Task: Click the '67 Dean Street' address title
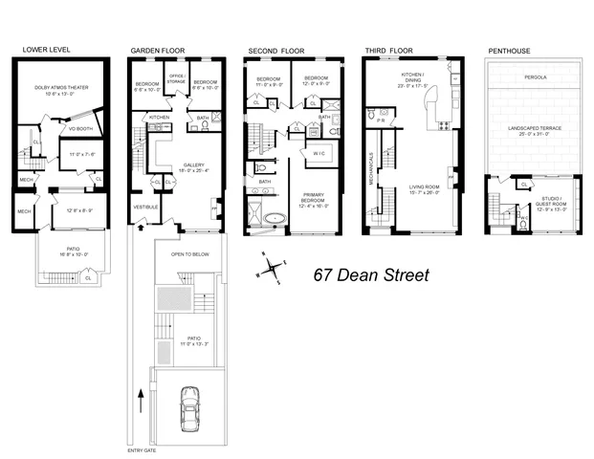point(372,275)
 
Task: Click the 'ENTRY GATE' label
point(143,450)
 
